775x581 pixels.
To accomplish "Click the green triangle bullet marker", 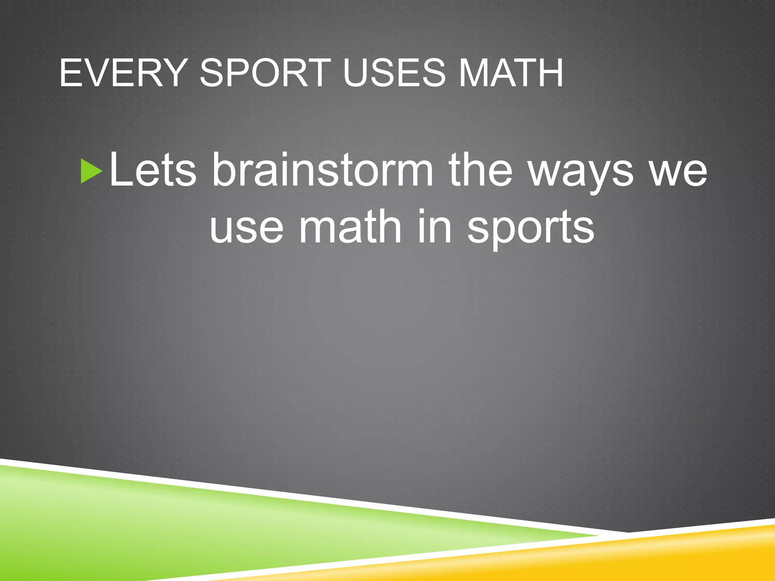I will click(91, 171).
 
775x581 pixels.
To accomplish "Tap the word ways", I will click(580, 172).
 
